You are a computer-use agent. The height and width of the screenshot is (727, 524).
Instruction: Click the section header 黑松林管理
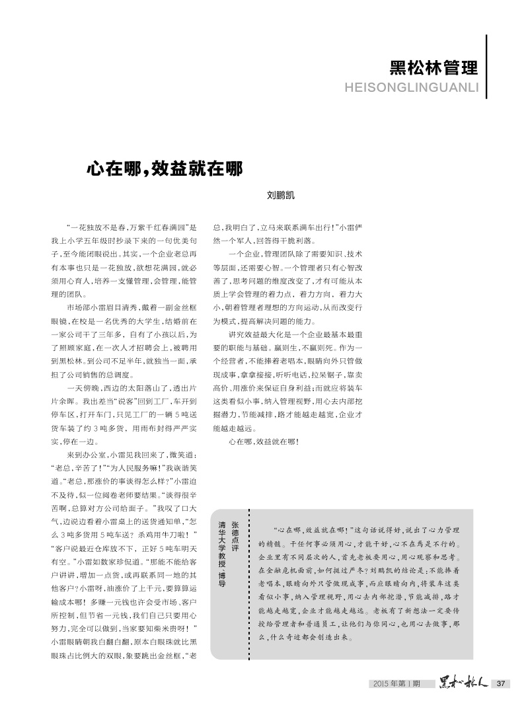coord(433,68)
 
